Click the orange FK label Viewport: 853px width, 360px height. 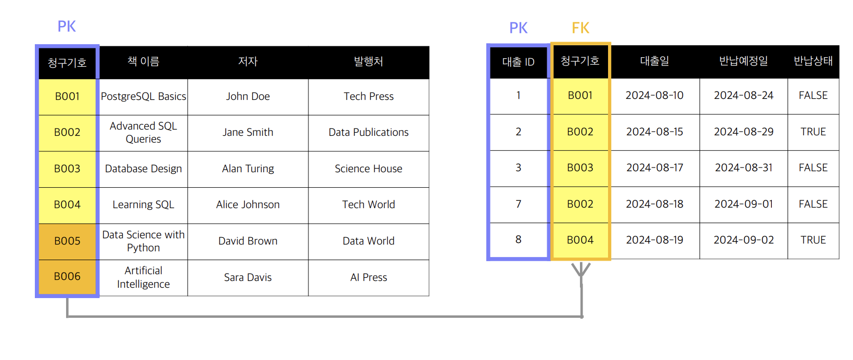pos(580,28)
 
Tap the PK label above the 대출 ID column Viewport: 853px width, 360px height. pos(518,28)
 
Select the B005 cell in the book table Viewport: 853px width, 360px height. pos(68,241)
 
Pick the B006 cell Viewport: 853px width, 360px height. pos(68,276)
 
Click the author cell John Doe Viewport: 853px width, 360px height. pos(248,96)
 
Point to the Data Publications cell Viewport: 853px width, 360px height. pos(368,132)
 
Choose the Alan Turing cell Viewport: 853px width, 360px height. pos(248,169)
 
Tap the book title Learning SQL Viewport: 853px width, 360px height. pos(143,204)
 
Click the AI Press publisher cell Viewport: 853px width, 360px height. pos(368,277)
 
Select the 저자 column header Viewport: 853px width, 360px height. pos(248,61)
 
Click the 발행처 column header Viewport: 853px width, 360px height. pos(368,61)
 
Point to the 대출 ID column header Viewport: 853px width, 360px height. pos(518,62)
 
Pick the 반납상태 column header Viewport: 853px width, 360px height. pos(813,61)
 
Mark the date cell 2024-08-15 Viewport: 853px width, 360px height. pos(654,132)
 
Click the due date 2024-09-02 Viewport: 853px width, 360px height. pos(743,240)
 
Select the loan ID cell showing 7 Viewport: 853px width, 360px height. pos(518,204)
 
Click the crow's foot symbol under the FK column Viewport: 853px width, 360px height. pos(581,271)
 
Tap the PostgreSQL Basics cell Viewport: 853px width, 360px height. pos(143,96)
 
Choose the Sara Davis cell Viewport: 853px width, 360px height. pos(248,277)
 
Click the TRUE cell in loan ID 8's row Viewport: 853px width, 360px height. pos(813,240)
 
